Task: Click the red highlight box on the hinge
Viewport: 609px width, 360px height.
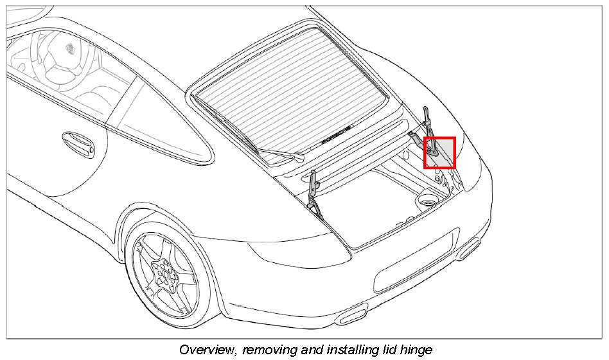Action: pos(440,153)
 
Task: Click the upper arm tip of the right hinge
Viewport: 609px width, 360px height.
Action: pos(425,111)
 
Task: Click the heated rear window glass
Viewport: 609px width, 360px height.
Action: pos(289,84)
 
